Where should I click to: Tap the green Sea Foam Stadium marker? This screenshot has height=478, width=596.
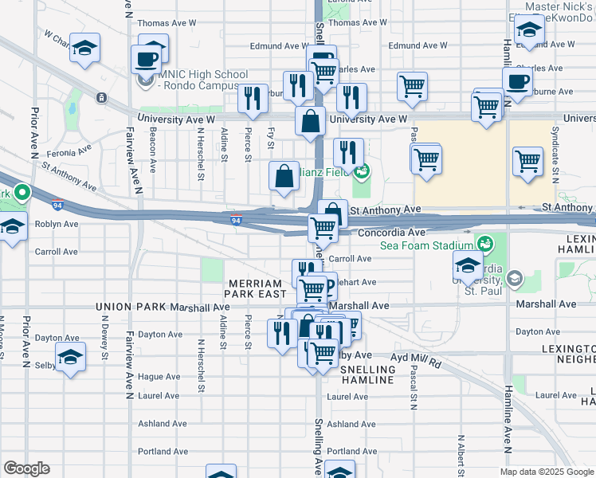click(x=484, y=242)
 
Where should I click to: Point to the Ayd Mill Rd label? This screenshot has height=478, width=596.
click(x=415, y=360)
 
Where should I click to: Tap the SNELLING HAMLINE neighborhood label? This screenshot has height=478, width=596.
click(x=367, y=375)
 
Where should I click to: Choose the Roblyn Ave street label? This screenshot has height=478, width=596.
click(x=57, y=225)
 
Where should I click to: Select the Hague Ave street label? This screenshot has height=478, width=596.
click(x=159, y=376)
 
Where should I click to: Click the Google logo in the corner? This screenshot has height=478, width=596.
click(x=26, y=468)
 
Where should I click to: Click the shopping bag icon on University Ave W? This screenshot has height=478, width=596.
click(x=310, y=122)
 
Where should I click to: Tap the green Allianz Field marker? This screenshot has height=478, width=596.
click(x=363, y=170)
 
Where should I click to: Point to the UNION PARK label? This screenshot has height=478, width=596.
click(x=126, y=305)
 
